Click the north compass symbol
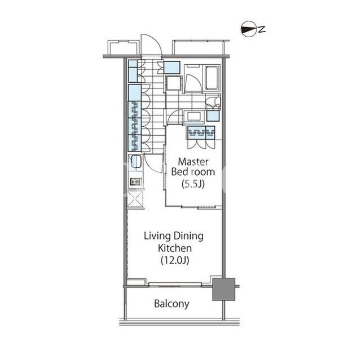[249, 29]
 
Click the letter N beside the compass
[261, 29]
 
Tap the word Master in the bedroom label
[193, 162]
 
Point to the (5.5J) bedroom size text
[193, 184]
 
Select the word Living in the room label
[157, 236]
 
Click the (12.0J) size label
[175, 260]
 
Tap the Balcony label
[171, 304]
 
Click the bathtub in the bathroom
[212, 78]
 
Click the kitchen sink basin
[136, 161]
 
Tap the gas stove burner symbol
[135, 182]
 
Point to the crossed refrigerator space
[135, 199]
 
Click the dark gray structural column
[223, 289]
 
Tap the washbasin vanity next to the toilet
[194, 117]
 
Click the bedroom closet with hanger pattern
[201, 133]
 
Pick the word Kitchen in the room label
[175, 248]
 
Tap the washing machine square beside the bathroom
[173, 83]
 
